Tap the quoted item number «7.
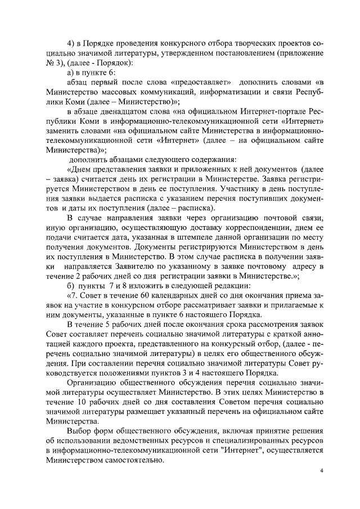[x=71, y=296]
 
